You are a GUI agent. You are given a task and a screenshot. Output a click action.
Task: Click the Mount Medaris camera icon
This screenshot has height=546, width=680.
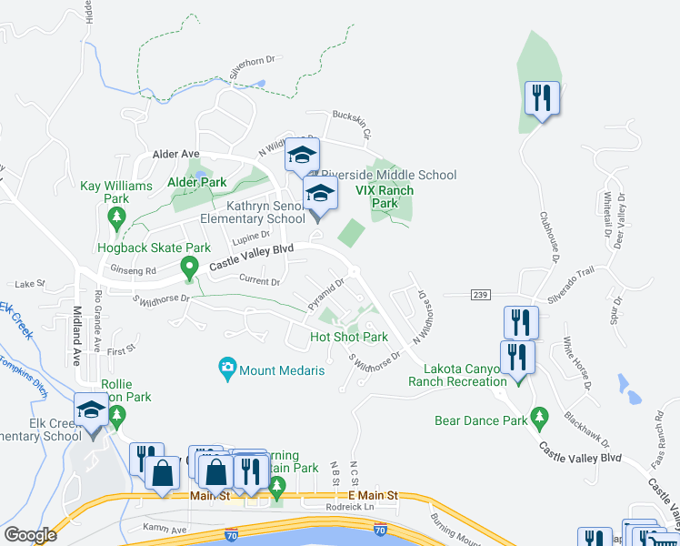[227, 369]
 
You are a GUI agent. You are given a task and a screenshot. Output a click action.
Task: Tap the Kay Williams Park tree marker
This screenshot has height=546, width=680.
[115, 217]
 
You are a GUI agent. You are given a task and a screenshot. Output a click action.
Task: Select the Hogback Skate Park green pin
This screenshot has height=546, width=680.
[189, 268]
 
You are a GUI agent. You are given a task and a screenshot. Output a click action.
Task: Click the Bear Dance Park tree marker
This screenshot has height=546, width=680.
[540, 418]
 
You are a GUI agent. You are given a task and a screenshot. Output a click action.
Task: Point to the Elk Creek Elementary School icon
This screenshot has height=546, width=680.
[91, 412]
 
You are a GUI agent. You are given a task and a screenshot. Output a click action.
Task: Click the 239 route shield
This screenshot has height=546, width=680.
[482, 294]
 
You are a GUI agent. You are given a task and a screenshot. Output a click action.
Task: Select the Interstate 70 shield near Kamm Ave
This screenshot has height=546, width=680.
[233, 529]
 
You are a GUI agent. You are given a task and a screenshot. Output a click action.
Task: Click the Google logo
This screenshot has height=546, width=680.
[29, 535]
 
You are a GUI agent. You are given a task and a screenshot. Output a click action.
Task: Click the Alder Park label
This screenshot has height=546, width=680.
[195, 182]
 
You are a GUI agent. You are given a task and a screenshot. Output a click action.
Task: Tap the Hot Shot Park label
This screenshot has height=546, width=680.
[349, 337]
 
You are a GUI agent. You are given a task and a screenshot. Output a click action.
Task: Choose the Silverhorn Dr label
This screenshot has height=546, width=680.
[252, 66]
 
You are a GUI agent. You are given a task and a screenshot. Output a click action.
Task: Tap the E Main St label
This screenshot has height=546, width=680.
[374, 495]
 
